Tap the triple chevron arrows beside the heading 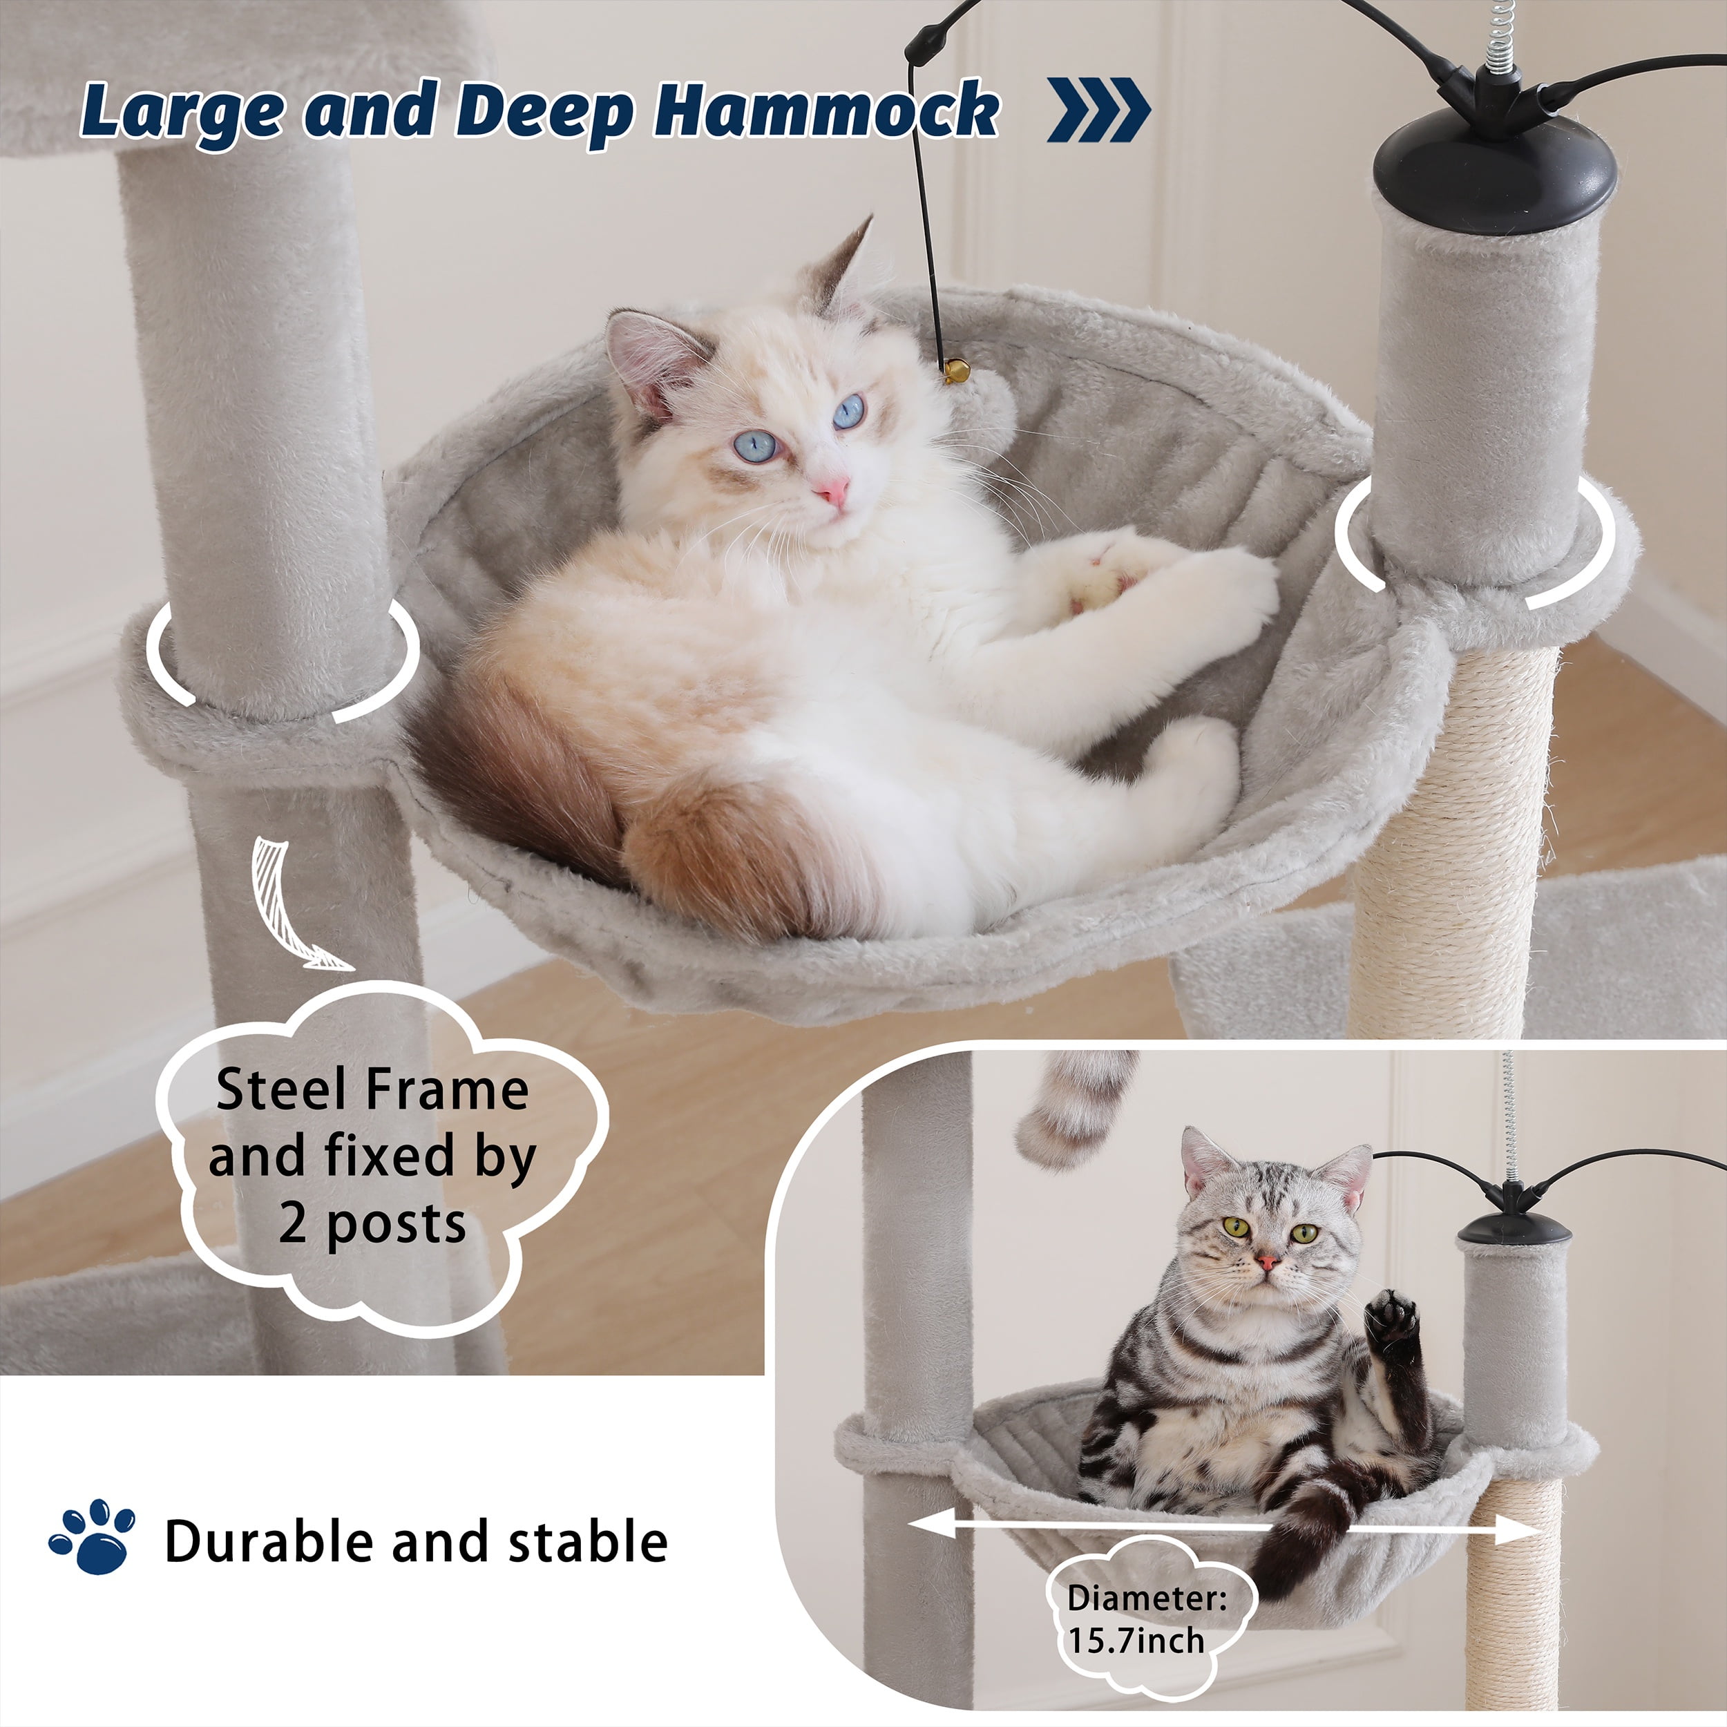pos(1098,110)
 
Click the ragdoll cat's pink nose pos(832,490)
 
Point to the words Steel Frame pos(372,1091)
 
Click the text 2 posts pos(372,1223)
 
